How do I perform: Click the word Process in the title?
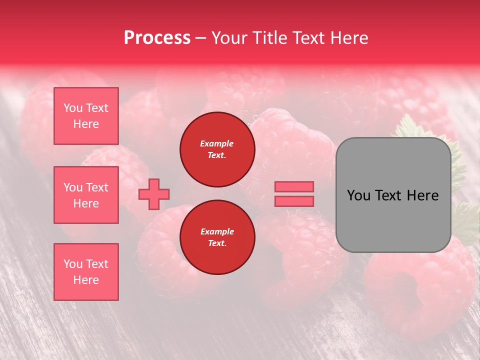tap(157, 38)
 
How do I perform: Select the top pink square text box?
tap(86, 116)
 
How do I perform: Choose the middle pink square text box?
tap(86, 195)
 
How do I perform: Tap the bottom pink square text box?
tap(86, 272)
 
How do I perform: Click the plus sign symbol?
tap(154, 194)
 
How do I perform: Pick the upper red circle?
tap(217, 149)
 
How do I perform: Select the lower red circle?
tap(217, 237)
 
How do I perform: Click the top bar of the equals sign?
tap(294, 186)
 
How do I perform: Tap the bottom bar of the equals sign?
tap(294, 201)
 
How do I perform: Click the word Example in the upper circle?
tap(217, 143)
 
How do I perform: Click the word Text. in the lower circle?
tap(217, 243)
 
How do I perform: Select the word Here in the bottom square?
tap(86, 280)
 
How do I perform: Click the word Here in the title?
tap(349, 38)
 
